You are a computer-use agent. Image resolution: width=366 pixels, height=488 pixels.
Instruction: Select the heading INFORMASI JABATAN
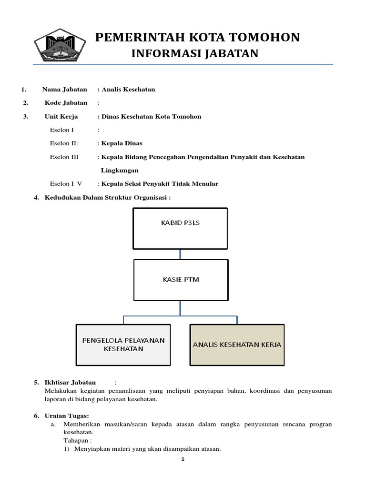[x=194, y=54]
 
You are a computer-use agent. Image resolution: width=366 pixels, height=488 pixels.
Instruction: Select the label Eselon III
[x=64, y=157]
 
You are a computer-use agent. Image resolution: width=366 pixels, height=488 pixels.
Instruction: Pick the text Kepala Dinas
[x=122, y=143]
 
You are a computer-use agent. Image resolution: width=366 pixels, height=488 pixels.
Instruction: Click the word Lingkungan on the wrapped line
[x=120, y=170]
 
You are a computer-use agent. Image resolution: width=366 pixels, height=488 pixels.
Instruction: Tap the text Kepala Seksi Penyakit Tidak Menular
[x=160, y=184]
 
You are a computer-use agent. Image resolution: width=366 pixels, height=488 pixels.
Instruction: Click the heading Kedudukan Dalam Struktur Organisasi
[x=107, y=197]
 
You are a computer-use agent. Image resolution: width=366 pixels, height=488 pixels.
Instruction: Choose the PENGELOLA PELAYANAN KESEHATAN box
[x=123, y=344]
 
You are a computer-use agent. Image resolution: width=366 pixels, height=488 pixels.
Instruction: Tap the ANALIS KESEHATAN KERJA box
[x=237, y=344]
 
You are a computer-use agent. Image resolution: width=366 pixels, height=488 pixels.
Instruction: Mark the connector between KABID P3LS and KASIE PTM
[x=180, y=254]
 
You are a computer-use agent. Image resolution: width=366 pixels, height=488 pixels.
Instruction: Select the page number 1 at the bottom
[x=183, y=459]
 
